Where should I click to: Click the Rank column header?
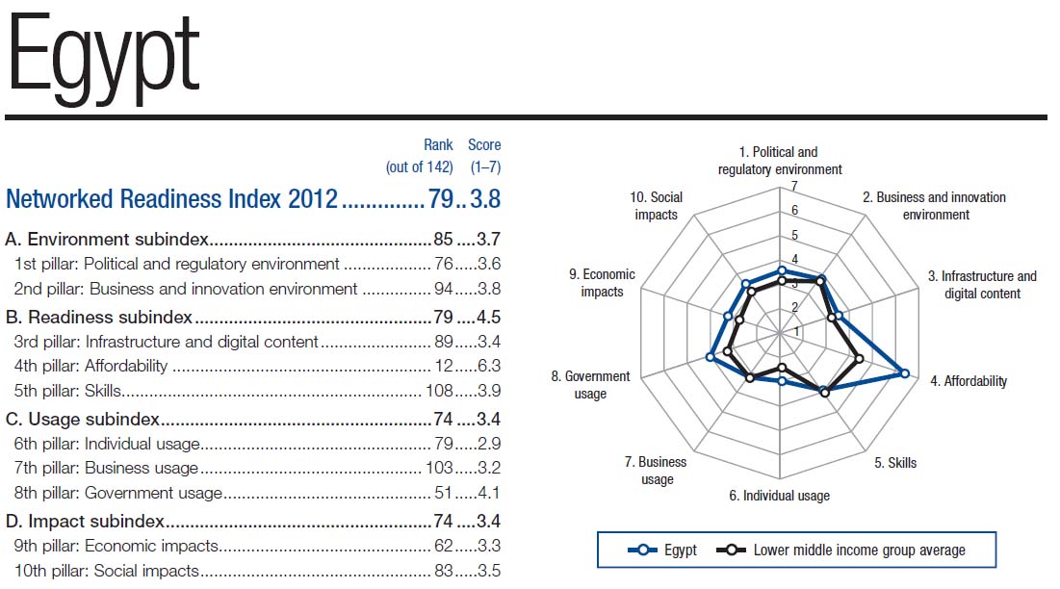pos(438,145)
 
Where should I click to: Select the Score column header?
pos(484,145)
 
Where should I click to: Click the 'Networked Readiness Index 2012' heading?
pos(171,199)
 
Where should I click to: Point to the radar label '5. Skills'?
pos(894,463)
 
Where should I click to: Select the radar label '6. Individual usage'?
pos(779,496)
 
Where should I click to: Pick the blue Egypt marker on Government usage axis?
pos(711,357)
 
